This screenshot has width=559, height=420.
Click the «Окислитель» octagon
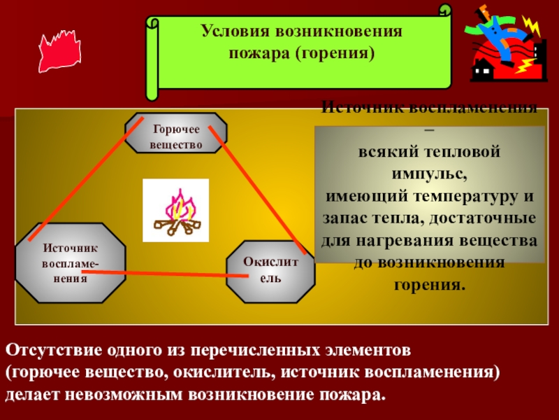[270, 270]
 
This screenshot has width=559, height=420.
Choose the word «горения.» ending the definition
[429, 286]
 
